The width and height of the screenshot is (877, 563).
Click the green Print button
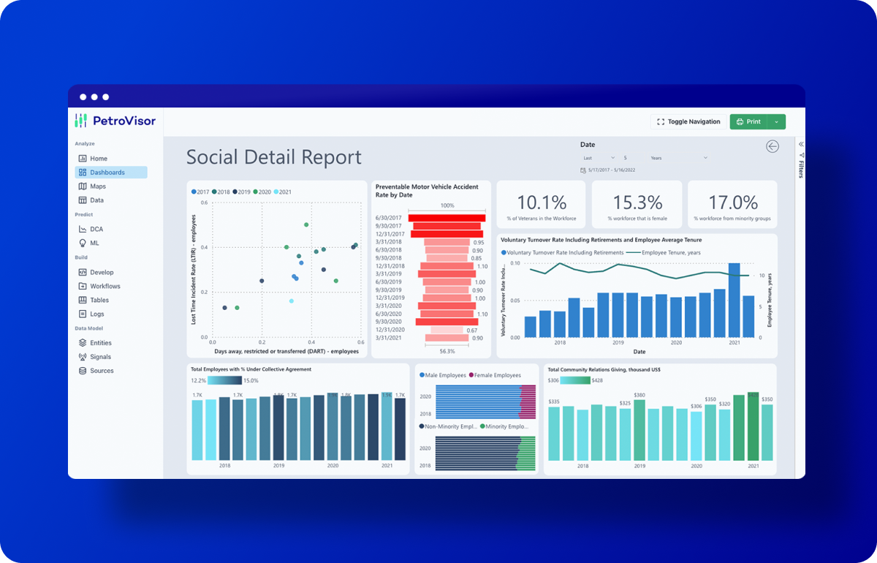click(x=749, y=122)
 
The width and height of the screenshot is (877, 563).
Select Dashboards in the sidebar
click(x=107, y=173)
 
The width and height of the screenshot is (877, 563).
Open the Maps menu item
click(x=97, y=186)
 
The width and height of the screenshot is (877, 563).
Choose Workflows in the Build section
click(x=105, y=286)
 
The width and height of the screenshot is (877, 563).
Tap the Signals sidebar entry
click(x=100, y=357)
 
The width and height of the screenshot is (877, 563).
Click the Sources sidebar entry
click(x=102, y=371)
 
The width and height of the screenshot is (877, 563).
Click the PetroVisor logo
click(x=115, y=121)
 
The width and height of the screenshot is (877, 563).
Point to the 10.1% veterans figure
click(x=542, y=203)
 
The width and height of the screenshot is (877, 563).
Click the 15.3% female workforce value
click(x=637, y=203)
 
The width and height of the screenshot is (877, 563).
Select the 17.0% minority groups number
click(x=733, y=203)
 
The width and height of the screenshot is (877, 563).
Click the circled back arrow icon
click(x=772, y=146)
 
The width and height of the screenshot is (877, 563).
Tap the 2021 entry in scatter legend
click(x=282, y=192)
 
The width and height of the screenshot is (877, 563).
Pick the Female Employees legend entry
click(x=494, y=375)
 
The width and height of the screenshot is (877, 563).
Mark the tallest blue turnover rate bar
click(x=734, y=300)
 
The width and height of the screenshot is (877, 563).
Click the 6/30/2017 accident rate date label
click(x=389, y=218)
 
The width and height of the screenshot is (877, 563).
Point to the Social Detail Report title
click(x=273, y=157)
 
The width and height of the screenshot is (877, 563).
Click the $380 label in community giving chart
click(x=639, y=396)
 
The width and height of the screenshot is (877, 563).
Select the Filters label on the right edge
click(x=801, y=168)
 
